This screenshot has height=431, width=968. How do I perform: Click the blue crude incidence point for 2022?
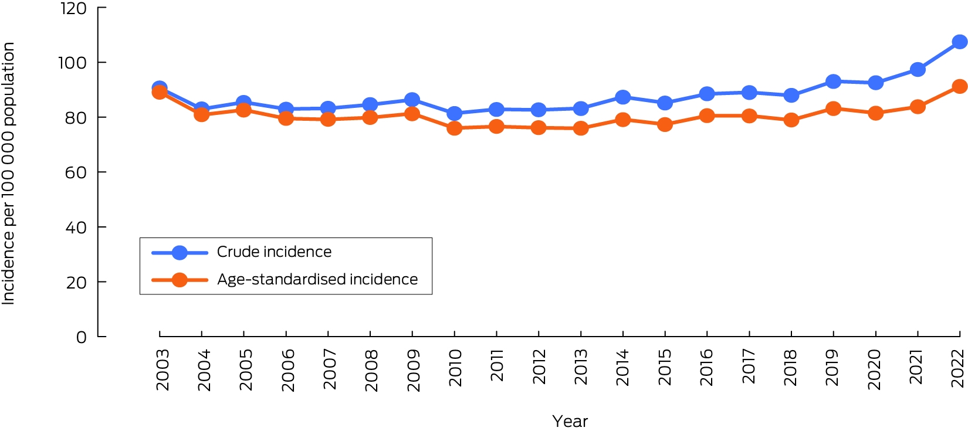(x=959, y=42)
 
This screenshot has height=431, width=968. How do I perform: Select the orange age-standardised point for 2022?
(x=959, y=86)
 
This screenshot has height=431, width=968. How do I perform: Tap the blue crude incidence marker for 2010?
(x=454, y=114)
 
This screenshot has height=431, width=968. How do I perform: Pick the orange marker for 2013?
(x=580, y=128)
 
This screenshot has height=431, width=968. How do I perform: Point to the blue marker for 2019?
(x=833, y=81)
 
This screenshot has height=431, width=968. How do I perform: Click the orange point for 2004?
(x=201, y=114)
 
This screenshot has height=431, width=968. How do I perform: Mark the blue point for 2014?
(x=622, y=97)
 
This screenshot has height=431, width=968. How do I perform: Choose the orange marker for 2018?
(x=791, y=120)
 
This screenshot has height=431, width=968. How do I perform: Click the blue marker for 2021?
(x=918, y=69)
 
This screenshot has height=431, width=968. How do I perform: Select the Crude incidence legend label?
(x=274, y=252)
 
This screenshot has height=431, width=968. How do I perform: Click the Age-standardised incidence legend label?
(x=317, y=279)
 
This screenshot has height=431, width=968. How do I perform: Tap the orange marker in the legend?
(x=180, y=280)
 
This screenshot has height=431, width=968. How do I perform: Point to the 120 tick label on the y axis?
(x=73, y=9)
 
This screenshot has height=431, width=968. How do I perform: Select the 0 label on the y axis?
(x=81, y=337)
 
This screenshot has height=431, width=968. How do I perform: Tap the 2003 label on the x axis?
(x=163, y=369)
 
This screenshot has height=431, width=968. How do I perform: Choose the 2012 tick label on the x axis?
(x=539, y=366)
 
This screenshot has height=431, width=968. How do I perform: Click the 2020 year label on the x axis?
(x=875, y=369)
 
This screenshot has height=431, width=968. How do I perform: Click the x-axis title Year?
(x=570, y=421)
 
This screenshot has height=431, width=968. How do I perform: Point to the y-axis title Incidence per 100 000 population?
(x=8, y=174)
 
